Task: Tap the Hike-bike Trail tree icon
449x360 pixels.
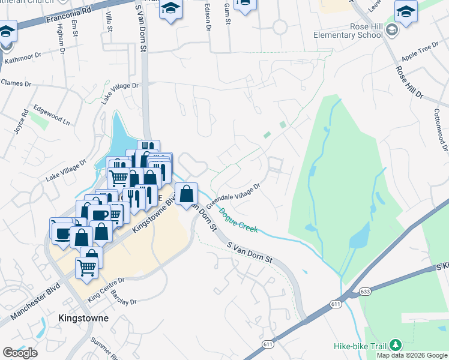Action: [x=395, y=345]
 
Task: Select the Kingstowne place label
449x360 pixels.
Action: [x=83, y=318]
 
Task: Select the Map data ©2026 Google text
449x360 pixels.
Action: [x=411, y=355]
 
